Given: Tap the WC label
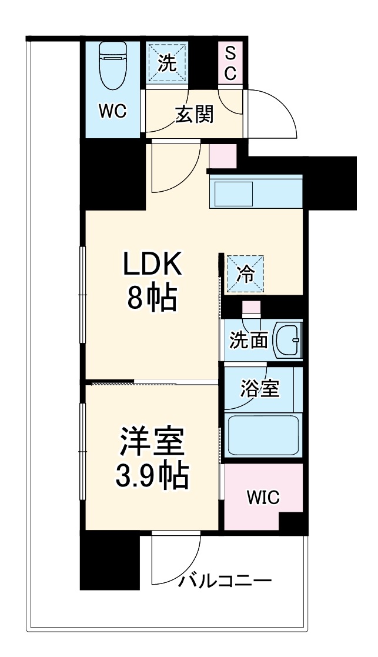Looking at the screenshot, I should point(112,112).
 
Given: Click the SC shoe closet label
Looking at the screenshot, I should point(230,65).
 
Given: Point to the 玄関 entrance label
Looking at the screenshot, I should point(194,115).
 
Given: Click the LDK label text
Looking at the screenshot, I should point(152,265).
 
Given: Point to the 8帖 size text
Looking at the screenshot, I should point(152,299).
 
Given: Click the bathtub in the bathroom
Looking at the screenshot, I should point(263,436).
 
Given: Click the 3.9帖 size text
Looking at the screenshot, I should point(152,476).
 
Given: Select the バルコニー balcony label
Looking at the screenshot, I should point(226,582).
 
